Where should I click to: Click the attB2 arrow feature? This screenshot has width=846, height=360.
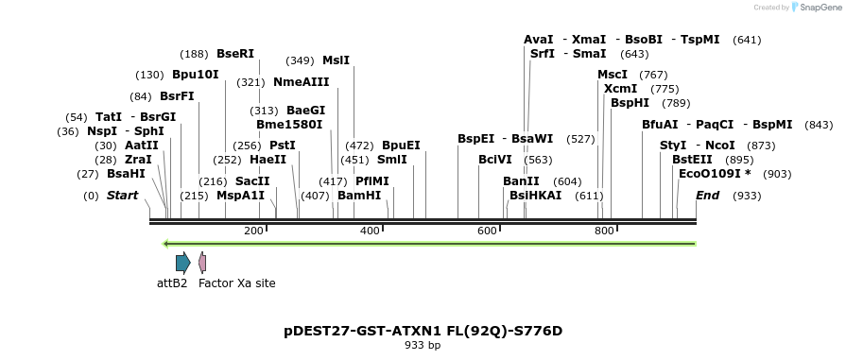[182, 262]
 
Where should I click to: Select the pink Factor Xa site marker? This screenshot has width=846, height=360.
[202, 262]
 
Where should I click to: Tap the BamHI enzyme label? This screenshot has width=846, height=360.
[359, 196]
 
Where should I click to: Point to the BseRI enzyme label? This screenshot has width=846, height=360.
[235, 54]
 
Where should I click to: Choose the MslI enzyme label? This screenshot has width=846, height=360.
[336, 60]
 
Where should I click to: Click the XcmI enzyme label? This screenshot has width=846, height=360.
[620, 89]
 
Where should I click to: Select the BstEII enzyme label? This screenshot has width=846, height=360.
[692, 160]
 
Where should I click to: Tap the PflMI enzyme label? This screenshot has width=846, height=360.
[371, 181]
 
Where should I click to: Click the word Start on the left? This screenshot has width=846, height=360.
[122, 196]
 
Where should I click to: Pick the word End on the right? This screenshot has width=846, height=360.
[707, 196]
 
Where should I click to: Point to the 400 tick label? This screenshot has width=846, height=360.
[370, 231]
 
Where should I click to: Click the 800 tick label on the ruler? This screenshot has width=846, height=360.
[603, 231]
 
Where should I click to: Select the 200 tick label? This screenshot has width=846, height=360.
[253, 231]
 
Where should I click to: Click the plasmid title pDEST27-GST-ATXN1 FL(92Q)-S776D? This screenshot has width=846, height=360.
[423, 331]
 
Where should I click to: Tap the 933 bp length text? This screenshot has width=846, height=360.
[423, 346]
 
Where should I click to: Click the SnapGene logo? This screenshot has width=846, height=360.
[815, 8]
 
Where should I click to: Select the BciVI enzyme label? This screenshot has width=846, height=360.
[494, 160]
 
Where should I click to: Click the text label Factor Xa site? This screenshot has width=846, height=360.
[236, 283]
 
